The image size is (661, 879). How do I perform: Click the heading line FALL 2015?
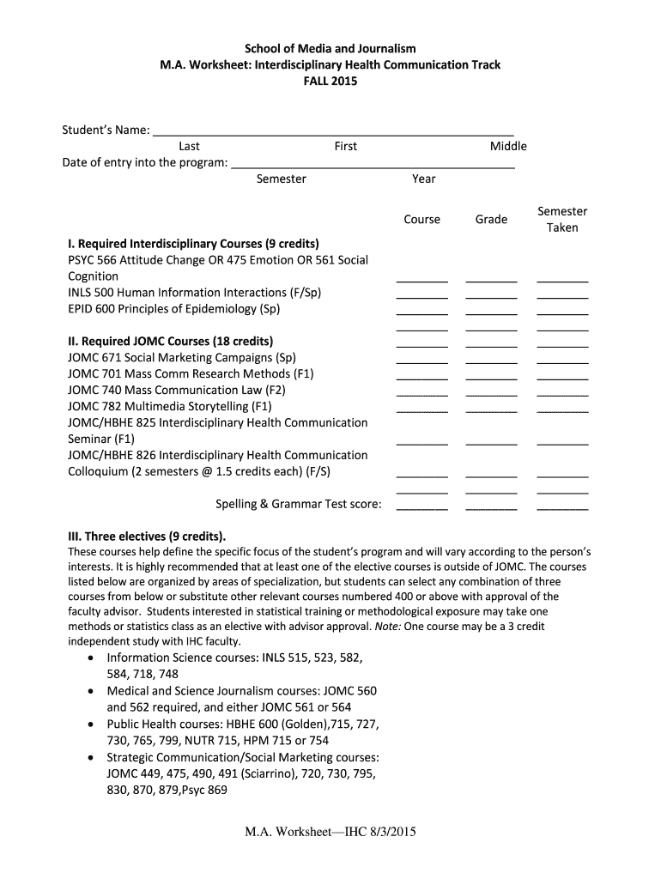tap(330, 82)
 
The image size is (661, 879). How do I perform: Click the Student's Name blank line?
tap(333, 134)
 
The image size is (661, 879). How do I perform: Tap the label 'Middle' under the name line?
tap(508, 147)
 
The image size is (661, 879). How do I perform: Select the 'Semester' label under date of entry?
tap(281, 179)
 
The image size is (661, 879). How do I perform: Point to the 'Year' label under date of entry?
tap(423, 179)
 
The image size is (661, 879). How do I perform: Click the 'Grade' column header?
tap(491, 220)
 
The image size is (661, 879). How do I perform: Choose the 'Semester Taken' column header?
tap(562, 219)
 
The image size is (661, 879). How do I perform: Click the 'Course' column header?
tap(421, 220)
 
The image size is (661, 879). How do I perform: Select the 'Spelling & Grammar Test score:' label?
tap(298, 504)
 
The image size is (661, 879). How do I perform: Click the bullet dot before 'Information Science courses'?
tap(92, 658)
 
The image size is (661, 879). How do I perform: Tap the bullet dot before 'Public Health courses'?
tap(92, 724)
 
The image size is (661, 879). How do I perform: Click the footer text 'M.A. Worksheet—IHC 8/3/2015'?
tap(330, 832)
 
